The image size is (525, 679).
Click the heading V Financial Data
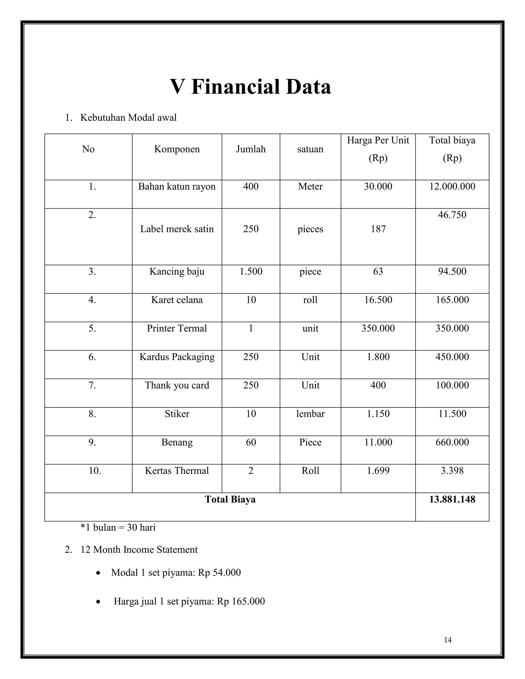point(250,87)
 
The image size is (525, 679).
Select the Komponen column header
point(177,149)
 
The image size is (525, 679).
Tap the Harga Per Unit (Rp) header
point(378,149)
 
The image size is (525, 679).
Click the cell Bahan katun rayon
point(177,187)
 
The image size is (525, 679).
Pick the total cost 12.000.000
point(452,187)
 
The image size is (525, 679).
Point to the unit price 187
point(378,229)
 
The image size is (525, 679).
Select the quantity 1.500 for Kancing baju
point(251,271)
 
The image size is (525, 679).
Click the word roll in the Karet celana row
point(310,300)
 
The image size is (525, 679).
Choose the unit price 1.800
point(378,357)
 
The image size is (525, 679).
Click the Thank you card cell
point(177,386)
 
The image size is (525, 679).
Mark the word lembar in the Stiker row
point(310,414)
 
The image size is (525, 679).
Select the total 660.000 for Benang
point(452,443)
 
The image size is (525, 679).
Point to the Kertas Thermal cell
point(177,471)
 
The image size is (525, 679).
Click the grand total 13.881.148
point(452,500)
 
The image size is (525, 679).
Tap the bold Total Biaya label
point(230,500)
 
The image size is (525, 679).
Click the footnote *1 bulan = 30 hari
point(118,528)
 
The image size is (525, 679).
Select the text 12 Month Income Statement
point(139,550)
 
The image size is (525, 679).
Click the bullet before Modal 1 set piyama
point(98,573)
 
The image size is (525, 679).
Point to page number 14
point(448,640)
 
